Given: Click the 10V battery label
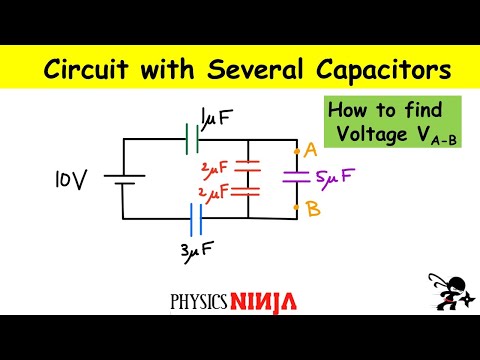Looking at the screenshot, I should [x=72, y=180].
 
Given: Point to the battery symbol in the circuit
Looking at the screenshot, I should [x=123, y=180].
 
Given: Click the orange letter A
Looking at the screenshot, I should [x=310, y=150].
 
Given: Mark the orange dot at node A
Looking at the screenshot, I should [x=297, y=152].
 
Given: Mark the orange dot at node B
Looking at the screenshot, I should [x=297, y=208].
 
